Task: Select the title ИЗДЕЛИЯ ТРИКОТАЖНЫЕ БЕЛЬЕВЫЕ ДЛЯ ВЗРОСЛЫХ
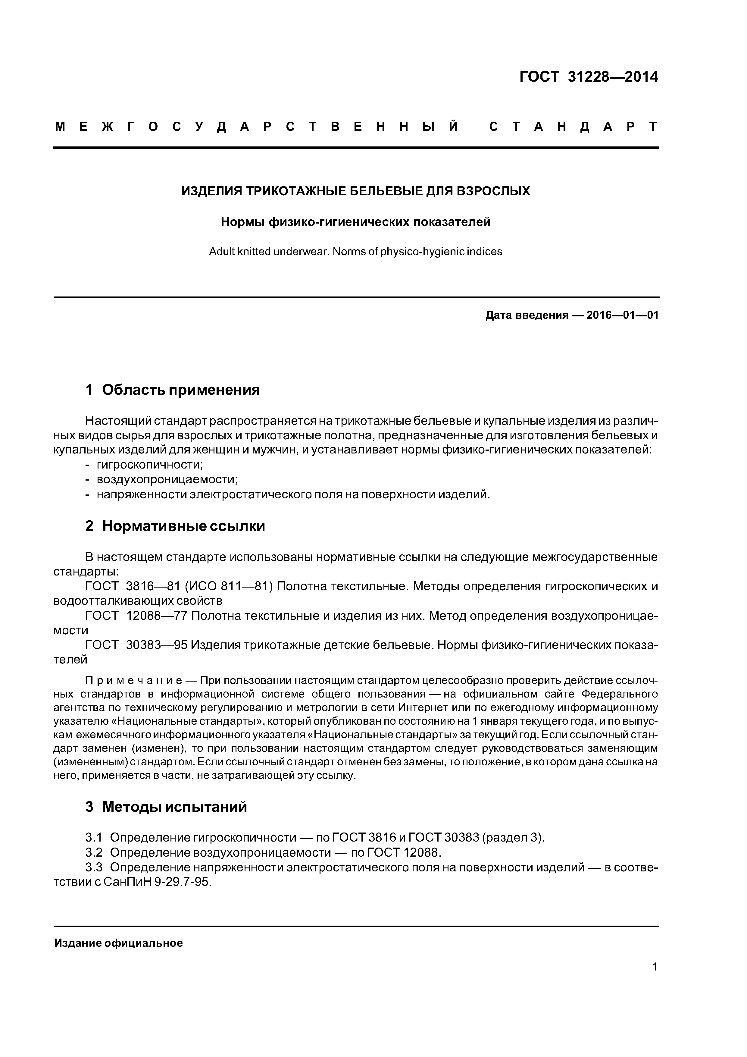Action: pos(355,191)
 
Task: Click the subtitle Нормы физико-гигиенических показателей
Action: pos(355,222)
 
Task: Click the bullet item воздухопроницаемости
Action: pos(167,479)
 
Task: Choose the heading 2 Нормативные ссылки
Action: pos(175,526)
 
